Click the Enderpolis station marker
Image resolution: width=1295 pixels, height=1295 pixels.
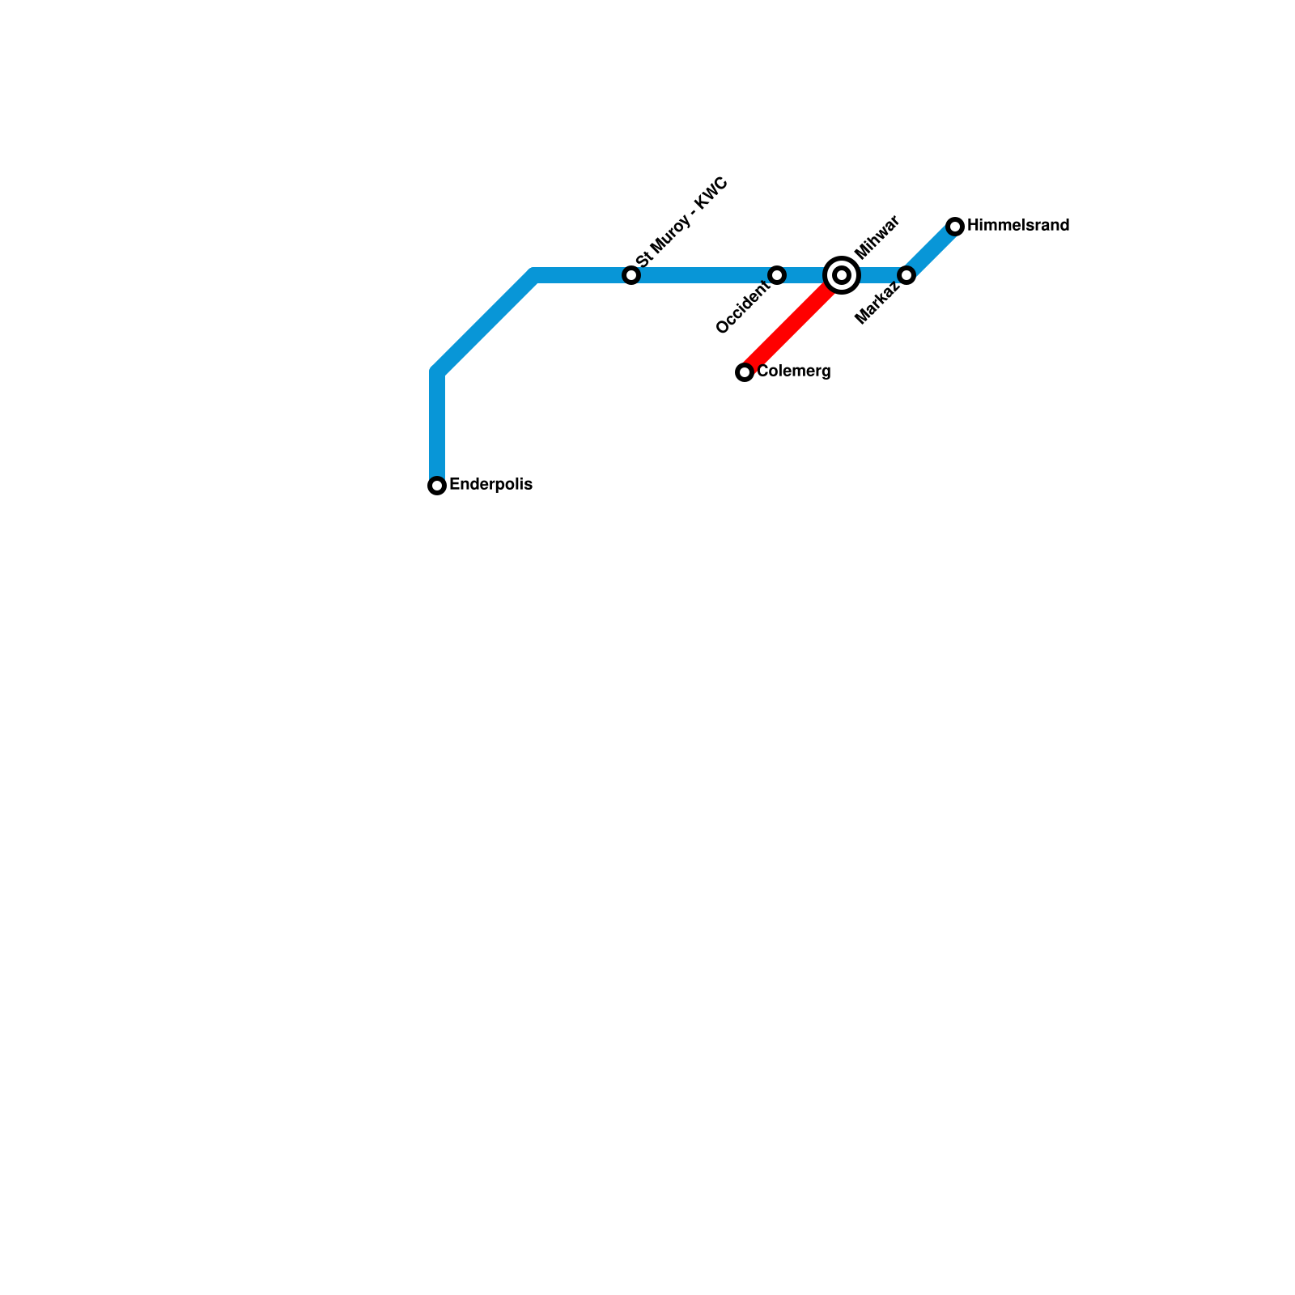(437, 486)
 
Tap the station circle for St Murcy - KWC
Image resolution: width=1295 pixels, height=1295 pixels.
(631, 275)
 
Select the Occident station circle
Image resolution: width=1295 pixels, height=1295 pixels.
(777, 275)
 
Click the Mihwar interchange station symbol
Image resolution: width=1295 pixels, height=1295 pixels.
(842, 275)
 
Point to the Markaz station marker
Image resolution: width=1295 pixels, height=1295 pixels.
(906, 275)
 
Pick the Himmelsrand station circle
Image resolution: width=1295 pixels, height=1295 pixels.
(955, 226)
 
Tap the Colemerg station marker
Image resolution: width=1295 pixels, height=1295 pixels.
(745, 372)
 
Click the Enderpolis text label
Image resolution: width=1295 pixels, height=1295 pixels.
(490, 485)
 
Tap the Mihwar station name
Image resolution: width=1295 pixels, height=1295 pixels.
(877, 236)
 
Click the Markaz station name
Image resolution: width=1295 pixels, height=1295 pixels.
(877, 303)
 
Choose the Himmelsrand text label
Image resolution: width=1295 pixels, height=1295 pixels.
(1018, 225)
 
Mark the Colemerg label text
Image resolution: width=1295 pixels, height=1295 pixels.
(793, 372)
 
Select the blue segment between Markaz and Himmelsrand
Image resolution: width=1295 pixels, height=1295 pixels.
(932, 250)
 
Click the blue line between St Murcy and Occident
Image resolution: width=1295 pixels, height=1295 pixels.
(704, 275)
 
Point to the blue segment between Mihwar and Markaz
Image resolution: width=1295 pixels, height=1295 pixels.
(878, 275)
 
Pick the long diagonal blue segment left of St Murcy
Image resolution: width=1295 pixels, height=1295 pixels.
(486, 324)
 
